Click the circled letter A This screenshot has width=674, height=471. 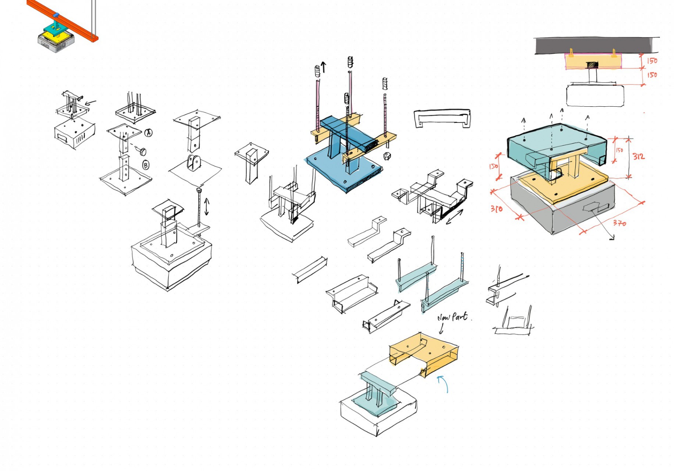pos(148,133)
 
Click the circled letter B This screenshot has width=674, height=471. pos(146,166)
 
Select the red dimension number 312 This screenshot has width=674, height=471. pos(638,156)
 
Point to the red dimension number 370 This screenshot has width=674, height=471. pos(619,223)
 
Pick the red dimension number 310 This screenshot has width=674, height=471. pos(496,209)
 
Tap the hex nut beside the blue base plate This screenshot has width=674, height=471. pos(387,156)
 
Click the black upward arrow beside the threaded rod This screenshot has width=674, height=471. pos(324,67)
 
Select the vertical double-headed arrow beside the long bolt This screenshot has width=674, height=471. pos(207,206)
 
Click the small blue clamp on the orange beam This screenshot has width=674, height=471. pos(56,15)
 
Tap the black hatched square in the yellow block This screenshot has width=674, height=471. pos(592,65)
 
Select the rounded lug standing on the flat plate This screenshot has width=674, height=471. pos(194,163)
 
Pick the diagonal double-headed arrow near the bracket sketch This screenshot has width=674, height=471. pos(454,217)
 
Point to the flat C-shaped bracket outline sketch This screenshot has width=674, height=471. pos(442,118)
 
